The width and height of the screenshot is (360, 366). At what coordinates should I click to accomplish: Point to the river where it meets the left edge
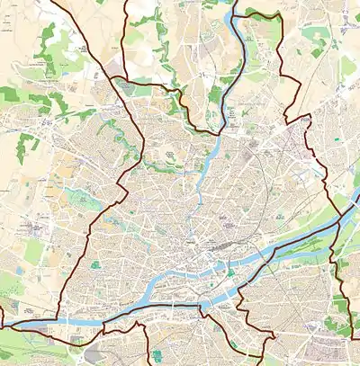4,325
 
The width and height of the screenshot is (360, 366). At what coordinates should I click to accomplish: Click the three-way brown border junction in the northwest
119,79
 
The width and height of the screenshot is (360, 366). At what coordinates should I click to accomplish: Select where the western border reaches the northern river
218,135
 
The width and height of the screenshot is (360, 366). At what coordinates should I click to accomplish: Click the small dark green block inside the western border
94,264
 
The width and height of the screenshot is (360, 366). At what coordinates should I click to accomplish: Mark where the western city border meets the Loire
59,319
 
